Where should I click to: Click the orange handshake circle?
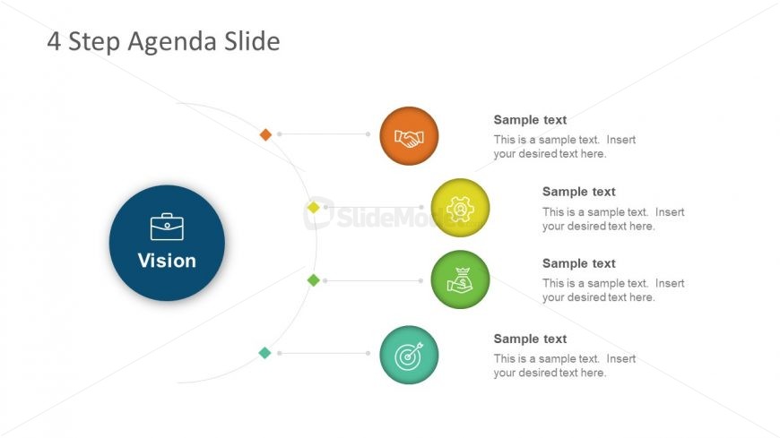[x=409, y=136]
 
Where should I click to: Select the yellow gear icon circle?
[x=460, y=208]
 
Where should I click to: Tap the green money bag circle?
[x=460, y=279]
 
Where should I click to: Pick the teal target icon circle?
[x=409, y=355]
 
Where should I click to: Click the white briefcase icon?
[x=167, y=227]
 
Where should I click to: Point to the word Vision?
[x=167, y=261]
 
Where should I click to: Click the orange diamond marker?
[x=265, y=134]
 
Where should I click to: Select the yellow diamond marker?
[x=314, y=207]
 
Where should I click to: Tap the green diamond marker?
[x=314, y=280]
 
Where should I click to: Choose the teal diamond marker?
[x=264, y=353]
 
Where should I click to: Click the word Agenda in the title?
[x=172, y=42]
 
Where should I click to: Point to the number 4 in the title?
[x=54, y=41]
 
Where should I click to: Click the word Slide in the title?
[x=252, y=41]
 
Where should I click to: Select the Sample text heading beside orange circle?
[x=530, y=120]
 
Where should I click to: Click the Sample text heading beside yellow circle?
[x=578, y=192]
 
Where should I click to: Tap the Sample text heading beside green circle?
[x=578, y=263]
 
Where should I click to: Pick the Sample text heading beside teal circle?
[x=530, y=339]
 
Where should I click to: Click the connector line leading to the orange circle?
[x=324, y=134]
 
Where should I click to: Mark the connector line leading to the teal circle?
[x=324, y=353]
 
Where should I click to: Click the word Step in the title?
[x=94, y=42]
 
